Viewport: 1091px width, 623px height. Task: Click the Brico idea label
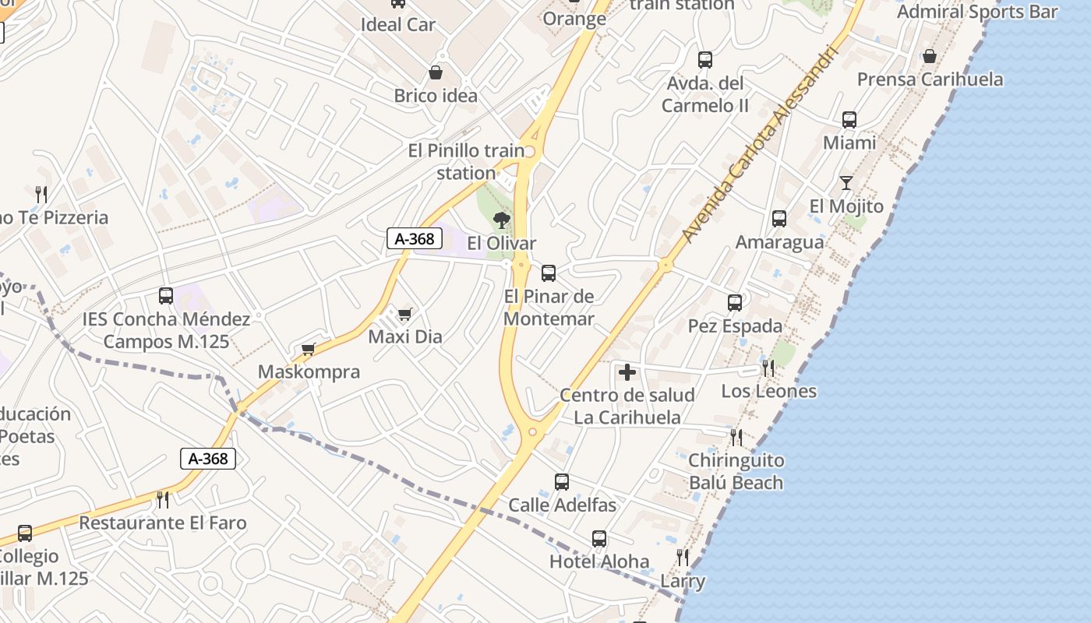pyautogui.click(x=436, y=96)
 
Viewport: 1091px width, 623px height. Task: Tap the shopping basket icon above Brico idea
pyautogui.click(x=436, y=72)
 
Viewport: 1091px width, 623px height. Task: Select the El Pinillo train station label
pyautogui.click(x=466, y=161)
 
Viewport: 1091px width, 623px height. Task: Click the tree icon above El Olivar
pyautogui.click(x=502, y=220)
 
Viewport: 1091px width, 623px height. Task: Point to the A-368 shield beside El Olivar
pyautogui.click(x=415, y=238)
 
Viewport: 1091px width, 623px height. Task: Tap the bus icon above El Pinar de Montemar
pyautogui.click(x=549, y=273)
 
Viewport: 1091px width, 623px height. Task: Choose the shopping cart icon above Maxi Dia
pyautogui.click(x=404, y=315)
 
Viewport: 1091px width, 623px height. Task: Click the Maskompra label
pyautogui.click(x=309, y=371)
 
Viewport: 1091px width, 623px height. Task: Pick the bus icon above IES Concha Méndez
pyautogui.click(x=166, y=296)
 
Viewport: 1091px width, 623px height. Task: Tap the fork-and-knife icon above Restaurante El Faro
pyautogui.click(x=162, y=499)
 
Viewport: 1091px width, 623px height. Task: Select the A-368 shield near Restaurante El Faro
pyautogui.click(x=209, y=459)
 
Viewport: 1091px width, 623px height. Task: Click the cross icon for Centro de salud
pyautogui.click(x=627, y=373)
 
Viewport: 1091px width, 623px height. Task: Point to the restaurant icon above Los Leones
pyautogui.click(x=768, y=368)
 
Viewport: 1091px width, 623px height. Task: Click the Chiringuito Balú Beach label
pyautogui.click(x=736, y=471)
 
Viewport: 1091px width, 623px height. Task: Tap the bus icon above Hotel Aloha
pyautogui.click(x=598, y=539)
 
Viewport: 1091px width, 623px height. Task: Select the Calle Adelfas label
pyautogui.click(x=562, y=505)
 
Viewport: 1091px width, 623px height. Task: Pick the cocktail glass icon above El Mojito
pyautogui.click(x=846, y=184)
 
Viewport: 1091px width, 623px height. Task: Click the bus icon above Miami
pyautogui.click(x=849, y=120)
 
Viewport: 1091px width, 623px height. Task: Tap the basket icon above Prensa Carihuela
pyautogui.click(x=930, y=56)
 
